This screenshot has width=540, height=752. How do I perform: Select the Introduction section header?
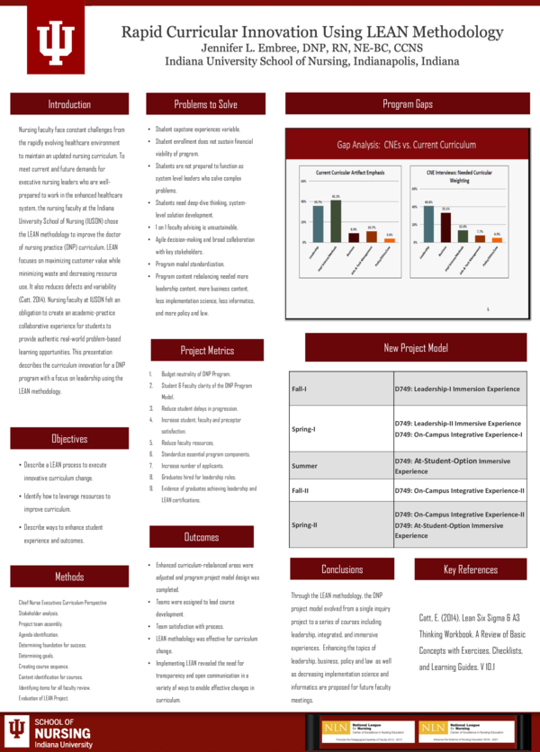[x=69, y=104]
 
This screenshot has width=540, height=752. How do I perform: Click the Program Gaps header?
[x=407, y=104]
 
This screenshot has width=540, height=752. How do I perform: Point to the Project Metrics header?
[x=207, y=350]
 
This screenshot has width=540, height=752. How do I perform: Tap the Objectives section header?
[x=69, y=439]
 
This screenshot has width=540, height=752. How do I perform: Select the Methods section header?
[x=69, y=576]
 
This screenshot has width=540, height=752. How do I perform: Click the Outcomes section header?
[x=202, y=537]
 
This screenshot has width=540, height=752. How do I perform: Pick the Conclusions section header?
[x=342, y=569]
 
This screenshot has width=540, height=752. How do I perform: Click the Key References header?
[x=470, y=569]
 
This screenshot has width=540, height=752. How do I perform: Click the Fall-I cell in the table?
[x=300, y=389]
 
